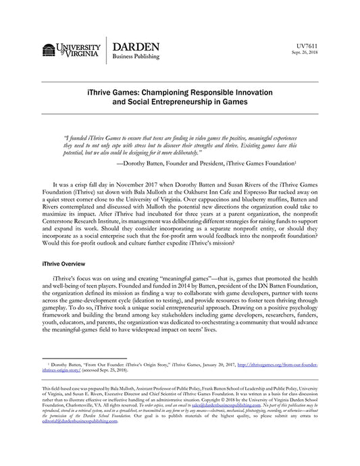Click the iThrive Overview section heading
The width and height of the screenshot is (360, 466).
coord(66,262)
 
